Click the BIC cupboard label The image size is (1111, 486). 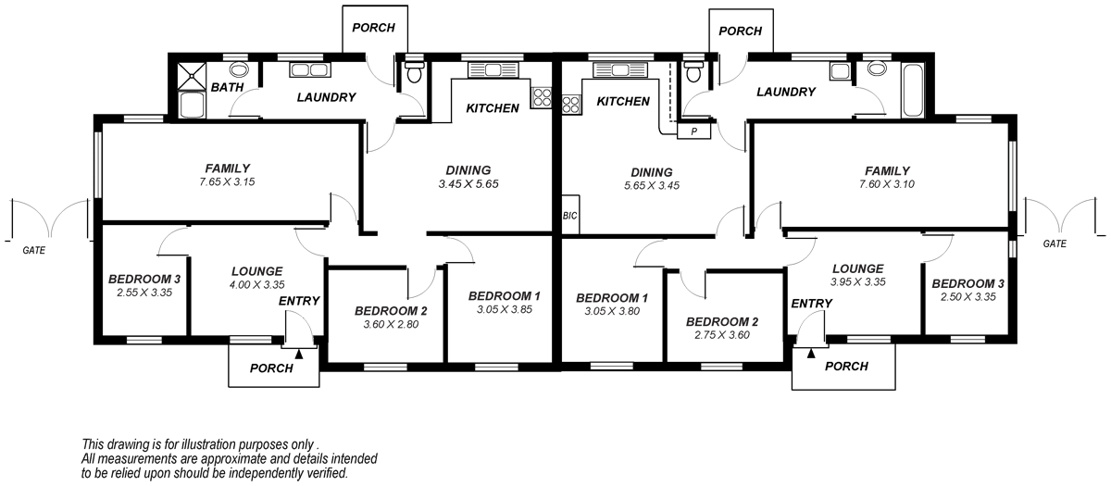point(568,215)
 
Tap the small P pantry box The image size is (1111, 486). point(691,131)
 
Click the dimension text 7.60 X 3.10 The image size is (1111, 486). point(887,184)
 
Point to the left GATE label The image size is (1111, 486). point(34,250)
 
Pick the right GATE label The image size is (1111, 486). point(1055,244)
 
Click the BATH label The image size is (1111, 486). point(227,88)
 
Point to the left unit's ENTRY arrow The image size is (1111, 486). point(298,353)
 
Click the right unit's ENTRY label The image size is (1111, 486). point(812,304)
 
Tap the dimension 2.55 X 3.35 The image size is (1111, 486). point(144,293)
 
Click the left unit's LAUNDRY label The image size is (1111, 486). point(326,97)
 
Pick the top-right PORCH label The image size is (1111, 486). point(740,31)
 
